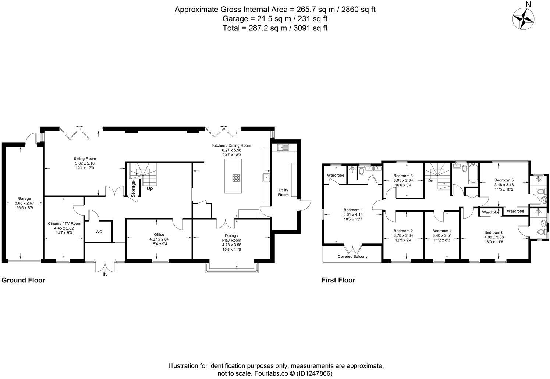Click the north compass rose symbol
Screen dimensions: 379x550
coord(524,18)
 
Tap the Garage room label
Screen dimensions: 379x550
coord(24,198)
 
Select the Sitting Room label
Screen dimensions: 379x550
coord(85,159)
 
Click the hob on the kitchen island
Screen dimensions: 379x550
coord(236,178)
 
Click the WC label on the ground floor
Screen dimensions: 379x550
coord(99,232)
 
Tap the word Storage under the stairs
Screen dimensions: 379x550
coord(134,189)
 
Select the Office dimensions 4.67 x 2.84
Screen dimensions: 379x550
coord(159,239)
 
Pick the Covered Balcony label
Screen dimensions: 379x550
coord(352,256)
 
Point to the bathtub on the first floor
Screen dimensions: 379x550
coord(472,175)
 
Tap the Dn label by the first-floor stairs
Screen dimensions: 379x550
coord(430,181)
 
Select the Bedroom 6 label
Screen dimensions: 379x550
coord(493,232)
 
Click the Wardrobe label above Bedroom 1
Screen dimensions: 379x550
coord(335,175)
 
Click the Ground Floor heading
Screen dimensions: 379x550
coord(24,280)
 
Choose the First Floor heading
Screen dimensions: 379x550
coord(338,280)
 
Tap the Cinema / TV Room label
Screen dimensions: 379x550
coord(64,223)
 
